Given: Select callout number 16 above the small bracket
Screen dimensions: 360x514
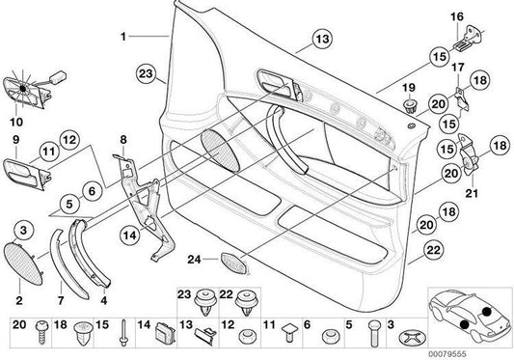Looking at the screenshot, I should pos(457,17).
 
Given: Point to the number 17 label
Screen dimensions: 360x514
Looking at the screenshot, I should pos(458,69).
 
